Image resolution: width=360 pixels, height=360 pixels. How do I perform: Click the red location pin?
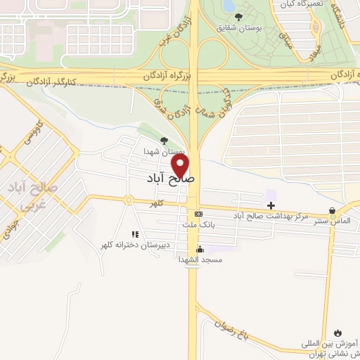181,166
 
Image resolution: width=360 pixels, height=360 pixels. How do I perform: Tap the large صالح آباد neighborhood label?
173,179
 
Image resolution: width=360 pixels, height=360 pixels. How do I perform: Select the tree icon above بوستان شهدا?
164,140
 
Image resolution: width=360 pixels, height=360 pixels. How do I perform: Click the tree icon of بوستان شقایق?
238,17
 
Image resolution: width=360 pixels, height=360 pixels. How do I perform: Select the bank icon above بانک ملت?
198,214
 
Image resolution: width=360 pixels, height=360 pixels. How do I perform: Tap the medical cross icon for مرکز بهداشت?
271,205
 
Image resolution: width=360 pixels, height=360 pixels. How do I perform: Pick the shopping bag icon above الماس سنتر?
332,210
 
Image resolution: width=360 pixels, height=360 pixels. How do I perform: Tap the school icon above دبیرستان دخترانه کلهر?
132,234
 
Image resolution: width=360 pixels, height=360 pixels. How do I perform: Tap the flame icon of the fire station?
337,333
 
